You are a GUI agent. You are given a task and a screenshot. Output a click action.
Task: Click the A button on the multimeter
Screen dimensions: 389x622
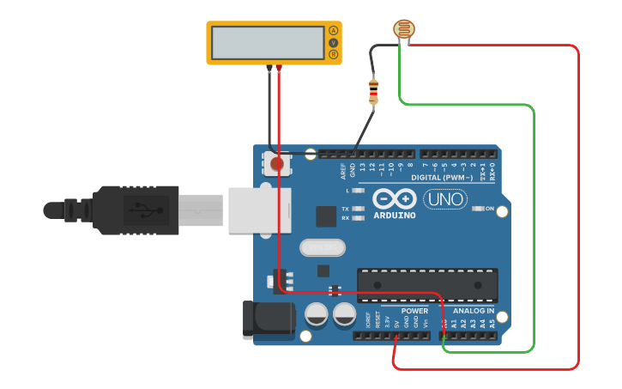334,31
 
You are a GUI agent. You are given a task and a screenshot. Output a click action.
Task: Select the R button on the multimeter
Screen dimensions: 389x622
334,55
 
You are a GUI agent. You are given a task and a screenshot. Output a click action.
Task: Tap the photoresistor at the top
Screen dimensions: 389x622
402,29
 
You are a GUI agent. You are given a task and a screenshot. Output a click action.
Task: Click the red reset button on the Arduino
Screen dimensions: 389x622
276,163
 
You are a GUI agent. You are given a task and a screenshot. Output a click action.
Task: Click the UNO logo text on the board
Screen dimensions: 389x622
445,199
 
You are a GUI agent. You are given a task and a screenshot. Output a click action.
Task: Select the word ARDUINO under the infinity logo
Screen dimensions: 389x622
395,216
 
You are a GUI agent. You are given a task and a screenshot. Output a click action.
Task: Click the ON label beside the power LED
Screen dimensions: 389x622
490,209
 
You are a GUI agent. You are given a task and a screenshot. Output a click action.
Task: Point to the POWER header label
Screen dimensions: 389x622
414,311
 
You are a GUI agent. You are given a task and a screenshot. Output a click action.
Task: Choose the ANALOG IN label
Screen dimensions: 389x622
473,311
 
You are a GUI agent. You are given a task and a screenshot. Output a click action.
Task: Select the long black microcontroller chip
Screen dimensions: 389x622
427,285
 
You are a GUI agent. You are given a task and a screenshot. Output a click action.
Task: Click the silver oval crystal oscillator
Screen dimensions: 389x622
322,247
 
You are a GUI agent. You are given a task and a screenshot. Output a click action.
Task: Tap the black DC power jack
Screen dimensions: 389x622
268,319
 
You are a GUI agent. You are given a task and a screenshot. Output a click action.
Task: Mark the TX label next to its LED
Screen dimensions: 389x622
345,209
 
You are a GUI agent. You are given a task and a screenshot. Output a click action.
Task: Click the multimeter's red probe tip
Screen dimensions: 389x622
279,68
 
